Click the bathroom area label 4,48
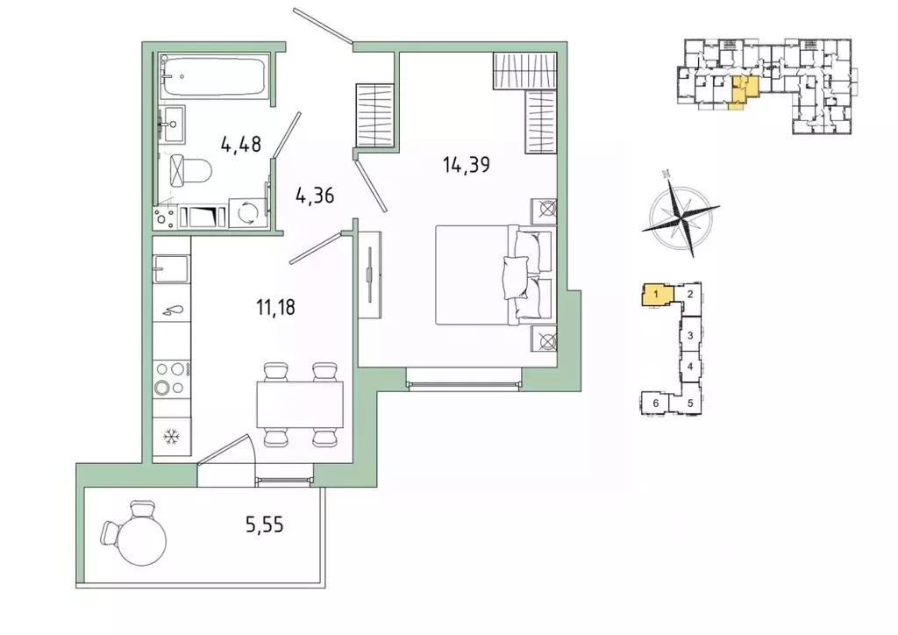pyautogui.click(x=241, y=144)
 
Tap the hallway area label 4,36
pyautogui.click(x=315, y=196)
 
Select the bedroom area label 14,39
pyautogui.click(x=467, y=165)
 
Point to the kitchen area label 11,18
pyautogui.click(x=275, y=308)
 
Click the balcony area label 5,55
pyautogui.click(x=265, y=524)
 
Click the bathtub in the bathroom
pyautogui.click(x=214, y=75)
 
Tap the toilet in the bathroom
pyautogui.click(x=191, y=170)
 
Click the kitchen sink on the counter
pyautogui.click(x=172, y=268)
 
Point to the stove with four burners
pyautogui.click(x=172, y=379)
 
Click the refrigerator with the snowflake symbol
pyautogui.click(x=172, y=438)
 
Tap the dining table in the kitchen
pyautogui.click(x=300, y=405)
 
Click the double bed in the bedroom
pyautogui.click(x=496, y=275)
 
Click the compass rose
pyautogui.click(x=680, y=214)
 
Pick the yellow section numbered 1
pyautogui.click(x=657, y=295)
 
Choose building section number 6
pyautogui.click(x=656, y=403)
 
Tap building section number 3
pyautogui.click(x=691, y=335)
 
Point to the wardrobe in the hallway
pyautogui.click(x=375, y=116)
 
